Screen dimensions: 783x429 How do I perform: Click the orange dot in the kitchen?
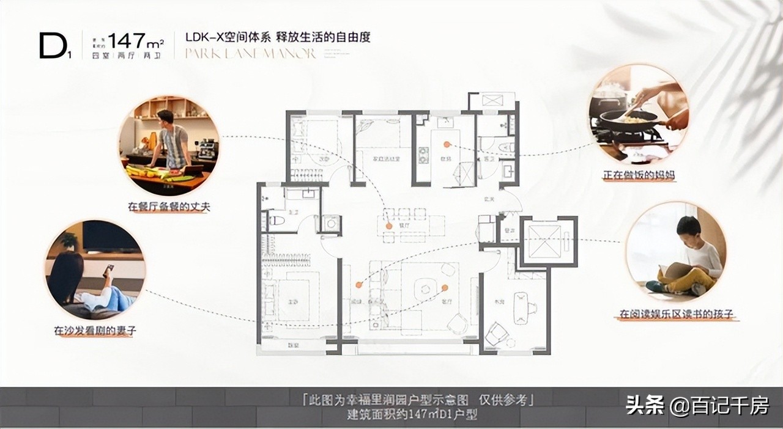point(447,144)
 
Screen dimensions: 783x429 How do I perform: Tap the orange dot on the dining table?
point(388,226)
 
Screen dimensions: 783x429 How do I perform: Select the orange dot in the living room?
point(445,287)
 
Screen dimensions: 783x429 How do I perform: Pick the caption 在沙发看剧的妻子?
point(95,331)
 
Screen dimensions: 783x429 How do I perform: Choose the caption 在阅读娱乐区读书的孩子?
point(676,314)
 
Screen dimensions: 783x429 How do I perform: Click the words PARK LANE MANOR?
point(250,54)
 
